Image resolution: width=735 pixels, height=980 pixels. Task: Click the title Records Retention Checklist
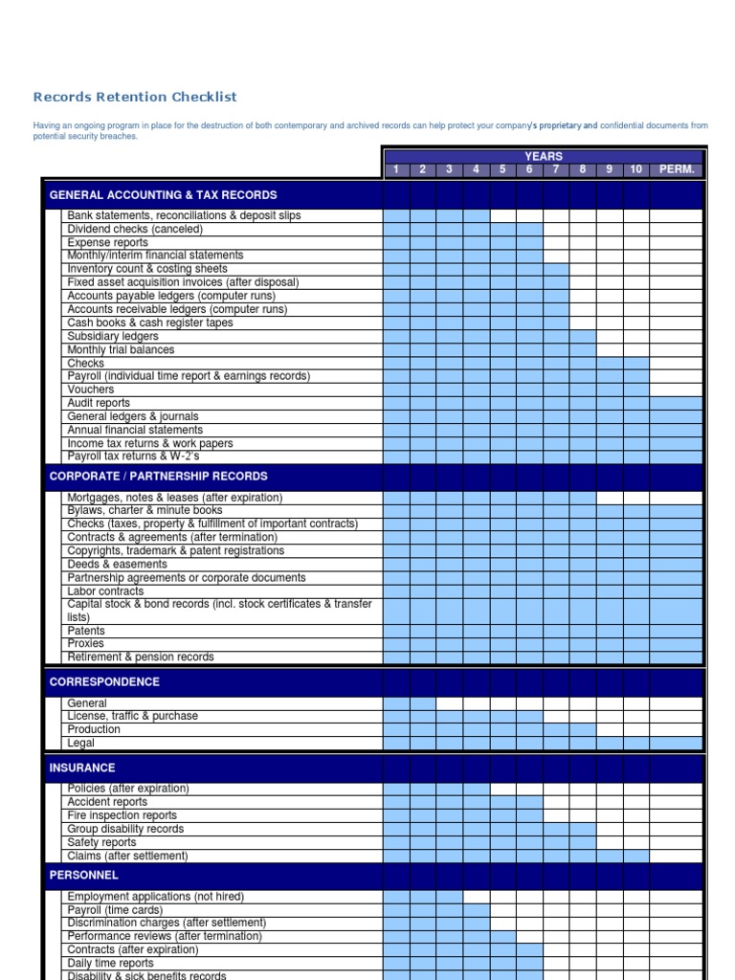tap(135, 97)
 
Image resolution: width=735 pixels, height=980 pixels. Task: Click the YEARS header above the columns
tap(543, 156)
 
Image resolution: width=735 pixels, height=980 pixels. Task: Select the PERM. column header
tap(676, 169)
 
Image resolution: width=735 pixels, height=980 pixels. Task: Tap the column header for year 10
tap(635, 169)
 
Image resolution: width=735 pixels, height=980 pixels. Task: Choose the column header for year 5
tap(502, 169)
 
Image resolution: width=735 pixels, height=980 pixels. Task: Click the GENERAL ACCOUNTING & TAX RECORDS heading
tap(163, 194)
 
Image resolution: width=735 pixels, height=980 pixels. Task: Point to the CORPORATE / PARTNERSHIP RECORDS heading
tap(158, 476)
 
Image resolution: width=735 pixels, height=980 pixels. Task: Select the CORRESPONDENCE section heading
tap(104, 681)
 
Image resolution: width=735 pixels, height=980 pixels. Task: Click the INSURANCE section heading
tap(82, 768)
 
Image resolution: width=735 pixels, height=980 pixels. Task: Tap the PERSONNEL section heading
tap(84, 875)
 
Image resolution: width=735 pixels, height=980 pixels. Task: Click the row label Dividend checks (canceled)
tap(135, 229)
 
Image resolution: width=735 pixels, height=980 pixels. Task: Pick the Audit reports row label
tap(99, 403)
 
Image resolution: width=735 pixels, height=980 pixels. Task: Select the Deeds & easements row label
tap(117, 564)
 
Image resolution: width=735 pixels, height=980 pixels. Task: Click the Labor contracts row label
tap(105, 590)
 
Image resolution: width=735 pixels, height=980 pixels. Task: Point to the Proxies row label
tap(86, 643)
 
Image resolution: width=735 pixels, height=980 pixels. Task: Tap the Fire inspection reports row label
tap(122, 815)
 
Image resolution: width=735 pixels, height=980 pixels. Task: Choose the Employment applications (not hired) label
tap(155, 896)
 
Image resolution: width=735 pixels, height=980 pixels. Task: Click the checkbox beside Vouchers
tap(54, 390)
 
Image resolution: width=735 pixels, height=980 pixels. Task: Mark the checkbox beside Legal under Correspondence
tap(54, 743)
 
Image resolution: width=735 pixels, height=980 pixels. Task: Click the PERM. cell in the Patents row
tap(676, 631)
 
